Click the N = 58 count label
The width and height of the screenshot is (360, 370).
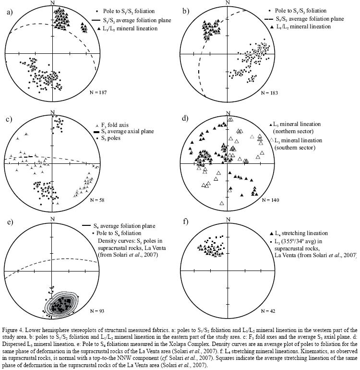tap(98, 198)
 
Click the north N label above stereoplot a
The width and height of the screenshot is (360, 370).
tap(52, 3)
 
